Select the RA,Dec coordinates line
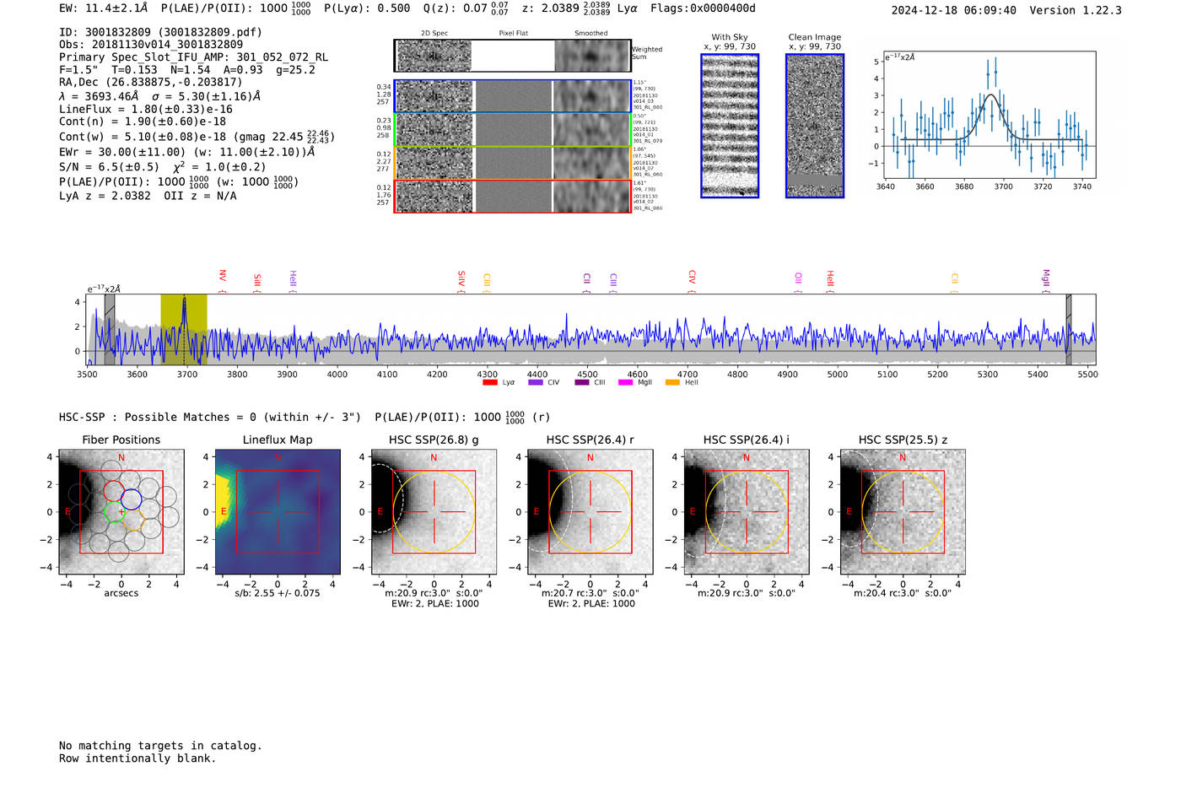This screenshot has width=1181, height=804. coord(150,82)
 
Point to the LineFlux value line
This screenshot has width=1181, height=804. coord(145,109)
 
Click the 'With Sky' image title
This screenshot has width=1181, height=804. coord(729,37)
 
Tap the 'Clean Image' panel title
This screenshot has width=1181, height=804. coord(814,37)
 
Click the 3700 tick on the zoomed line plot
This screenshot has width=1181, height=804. coord(1003,186)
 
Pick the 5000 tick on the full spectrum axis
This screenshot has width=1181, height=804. coord(837,374)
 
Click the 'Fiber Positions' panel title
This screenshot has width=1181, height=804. coord(121,440)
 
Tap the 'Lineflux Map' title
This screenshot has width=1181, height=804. coord(277,440)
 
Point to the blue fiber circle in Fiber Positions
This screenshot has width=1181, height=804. coord(132,499)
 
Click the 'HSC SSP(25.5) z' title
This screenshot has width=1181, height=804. coord(903,440)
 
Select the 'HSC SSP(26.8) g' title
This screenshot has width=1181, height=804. coord(434,440)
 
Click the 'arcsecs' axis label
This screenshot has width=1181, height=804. coord(121,593)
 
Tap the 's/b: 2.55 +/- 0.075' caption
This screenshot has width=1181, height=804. coord(277,593)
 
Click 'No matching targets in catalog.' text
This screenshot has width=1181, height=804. coord(160,746)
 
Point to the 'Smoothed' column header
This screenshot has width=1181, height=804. coord(590,34)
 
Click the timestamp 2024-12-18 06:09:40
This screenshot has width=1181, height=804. coord(953,10)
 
